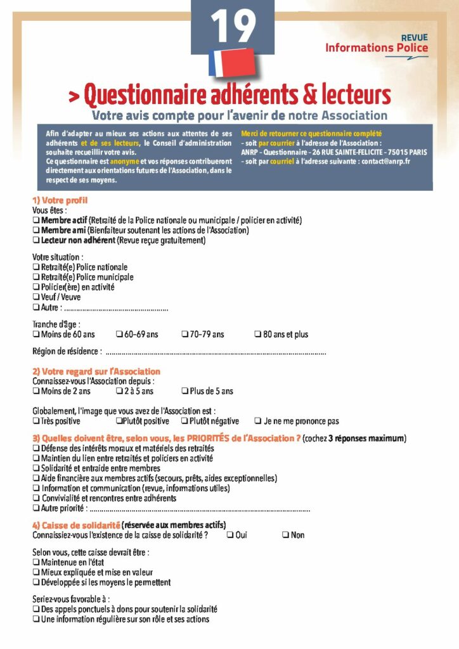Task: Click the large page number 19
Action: click(233, 27)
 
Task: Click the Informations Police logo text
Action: click(377, 48)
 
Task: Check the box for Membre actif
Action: click(36, 220)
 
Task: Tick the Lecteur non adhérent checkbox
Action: click(36, 240)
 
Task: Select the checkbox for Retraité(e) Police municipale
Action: click(36, 277)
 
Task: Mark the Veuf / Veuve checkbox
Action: click(36, 297)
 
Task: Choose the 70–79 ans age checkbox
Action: click(185, 334)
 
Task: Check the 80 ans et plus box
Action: click(258, 334)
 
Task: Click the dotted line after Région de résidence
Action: click(216, 352)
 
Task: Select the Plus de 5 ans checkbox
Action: click(185, 391)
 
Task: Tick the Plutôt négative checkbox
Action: click(184, 421)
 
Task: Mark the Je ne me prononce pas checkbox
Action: click(258, 421)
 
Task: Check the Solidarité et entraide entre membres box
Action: click(36, 468)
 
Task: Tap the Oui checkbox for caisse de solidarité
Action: click(229, 535)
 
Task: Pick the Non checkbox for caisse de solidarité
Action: click(285, 535)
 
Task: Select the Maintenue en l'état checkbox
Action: click(36, 562)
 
